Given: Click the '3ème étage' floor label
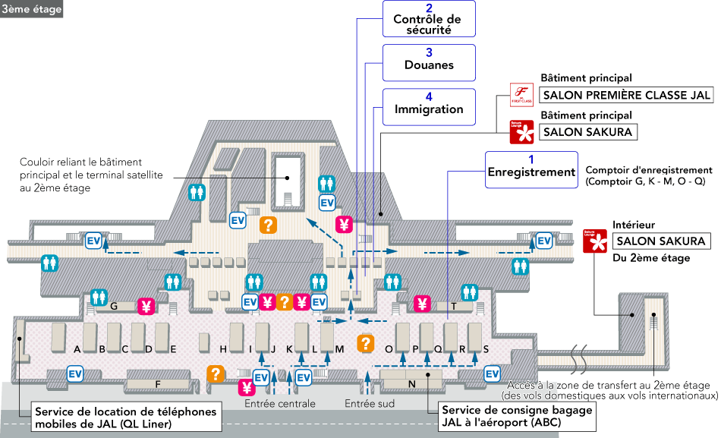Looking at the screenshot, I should point(31,9).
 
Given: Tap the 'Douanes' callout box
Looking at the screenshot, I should point(429,63).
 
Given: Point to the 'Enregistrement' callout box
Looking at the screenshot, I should point(531,171).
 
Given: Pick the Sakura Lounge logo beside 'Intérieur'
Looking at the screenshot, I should point(596,241).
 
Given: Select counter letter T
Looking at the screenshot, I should point(454,307).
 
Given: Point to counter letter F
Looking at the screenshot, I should point(158,384).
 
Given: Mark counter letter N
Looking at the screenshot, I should point(411,384).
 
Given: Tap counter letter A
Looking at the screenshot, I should point(77,349).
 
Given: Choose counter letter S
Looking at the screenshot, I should point(486,349).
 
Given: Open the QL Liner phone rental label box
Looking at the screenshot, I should point(126,418).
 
